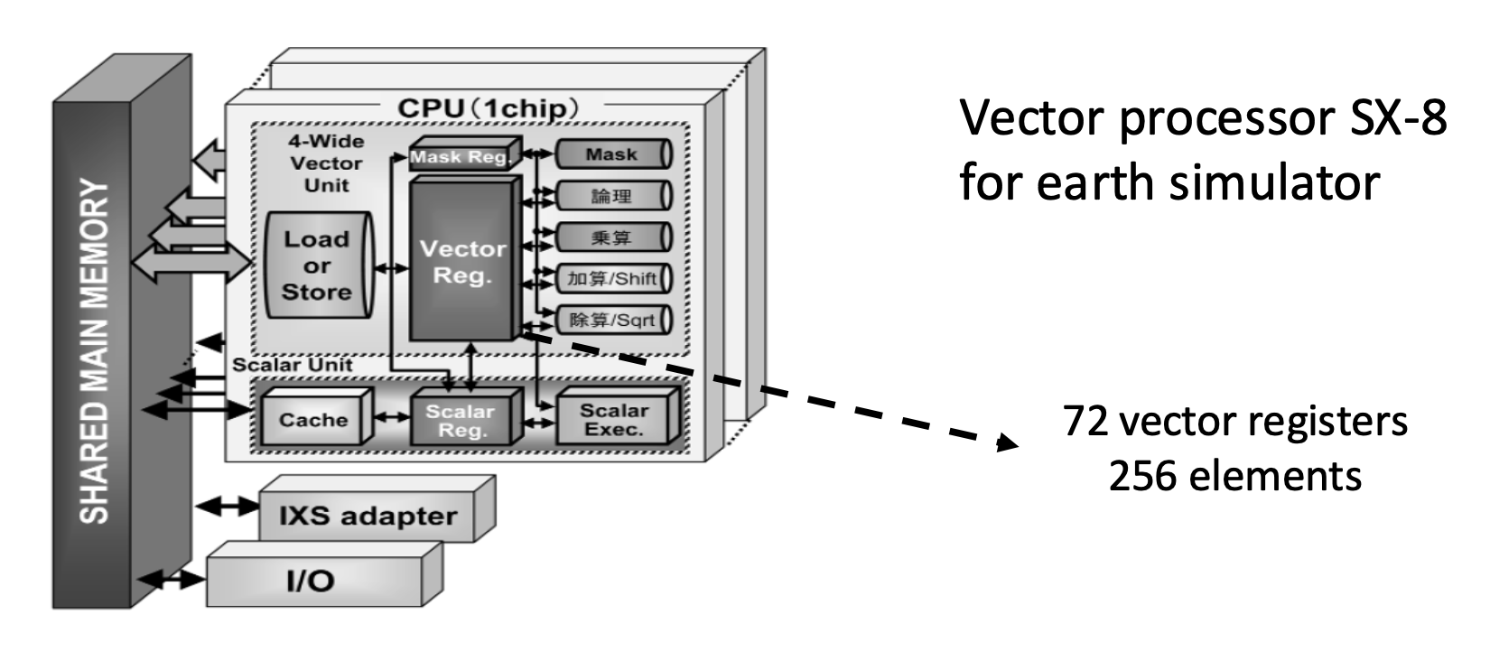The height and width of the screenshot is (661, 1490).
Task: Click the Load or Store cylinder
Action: coord(316,265)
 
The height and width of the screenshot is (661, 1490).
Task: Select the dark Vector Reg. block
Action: coord(462,260)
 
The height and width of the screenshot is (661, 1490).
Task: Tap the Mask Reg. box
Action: coord(461,156)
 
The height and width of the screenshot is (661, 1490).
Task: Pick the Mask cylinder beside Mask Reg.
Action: coord(611,154)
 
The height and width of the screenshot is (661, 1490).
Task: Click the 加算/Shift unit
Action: coord(611,278)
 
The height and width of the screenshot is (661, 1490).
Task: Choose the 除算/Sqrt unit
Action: coord(611,320)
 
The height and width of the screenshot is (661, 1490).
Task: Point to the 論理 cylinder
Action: coord(611,196)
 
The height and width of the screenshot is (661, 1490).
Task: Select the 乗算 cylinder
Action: coord(611,237)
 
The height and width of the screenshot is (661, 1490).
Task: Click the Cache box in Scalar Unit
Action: coord(313,419)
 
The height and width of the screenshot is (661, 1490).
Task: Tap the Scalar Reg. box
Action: coord(461,420)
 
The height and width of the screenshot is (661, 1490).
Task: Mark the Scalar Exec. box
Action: coord(614,419)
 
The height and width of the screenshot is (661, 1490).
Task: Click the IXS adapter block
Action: coord(368,517)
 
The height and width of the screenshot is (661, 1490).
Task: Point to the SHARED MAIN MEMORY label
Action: coord(94,352)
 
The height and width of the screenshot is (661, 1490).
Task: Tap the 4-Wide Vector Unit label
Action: coord(326,163)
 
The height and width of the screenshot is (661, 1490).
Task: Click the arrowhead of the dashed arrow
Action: coord(1006,442)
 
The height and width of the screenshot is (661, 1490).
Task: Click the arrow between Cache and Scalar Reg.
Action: coord(391,417)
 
